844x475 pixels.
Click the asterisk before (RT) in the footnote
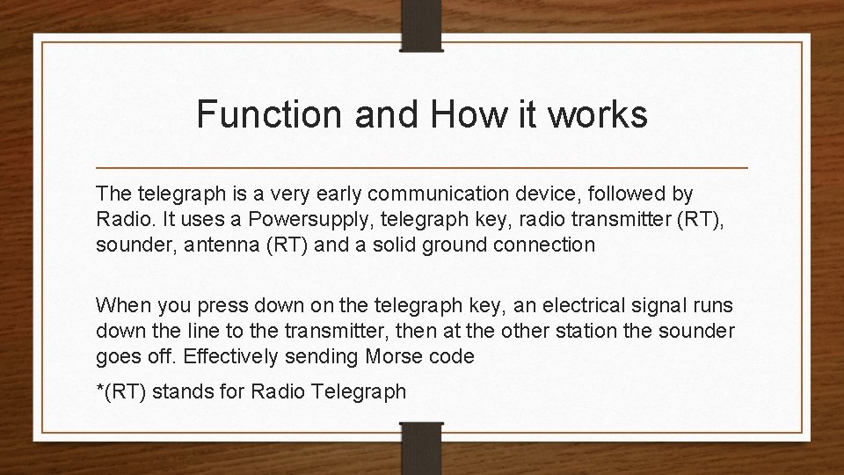click(99, 387)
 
